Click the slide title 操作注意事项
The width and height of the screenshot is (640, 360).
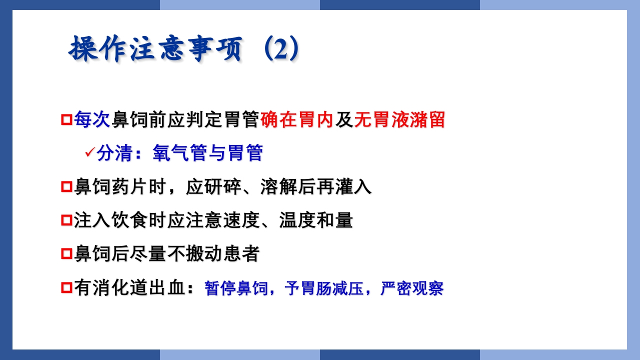point(155,49)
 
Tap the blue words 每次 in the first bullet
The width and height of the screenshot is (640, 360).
point(92,120)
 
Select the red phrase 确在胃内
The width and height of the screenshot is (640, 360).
point(297,120)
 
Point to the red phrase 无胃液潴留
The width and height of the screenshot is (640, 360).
point(399,120)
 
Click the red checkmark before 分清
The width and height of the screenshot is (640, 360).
point(90,151)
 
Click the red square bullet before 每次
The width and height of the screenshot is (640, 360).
point(66,120)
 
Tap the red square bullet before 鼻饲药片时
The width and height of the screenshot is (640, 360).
point(66,187)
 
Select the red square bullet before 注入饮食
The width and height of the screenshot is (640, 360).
point(66,220)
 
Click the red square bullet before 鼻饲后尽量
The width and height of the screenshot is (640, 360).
point(66,254)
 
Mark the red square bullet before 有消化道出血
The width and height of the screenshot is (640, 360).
point(66,288)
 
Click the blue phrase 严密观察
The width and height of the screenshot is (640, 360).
point(412,289)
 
